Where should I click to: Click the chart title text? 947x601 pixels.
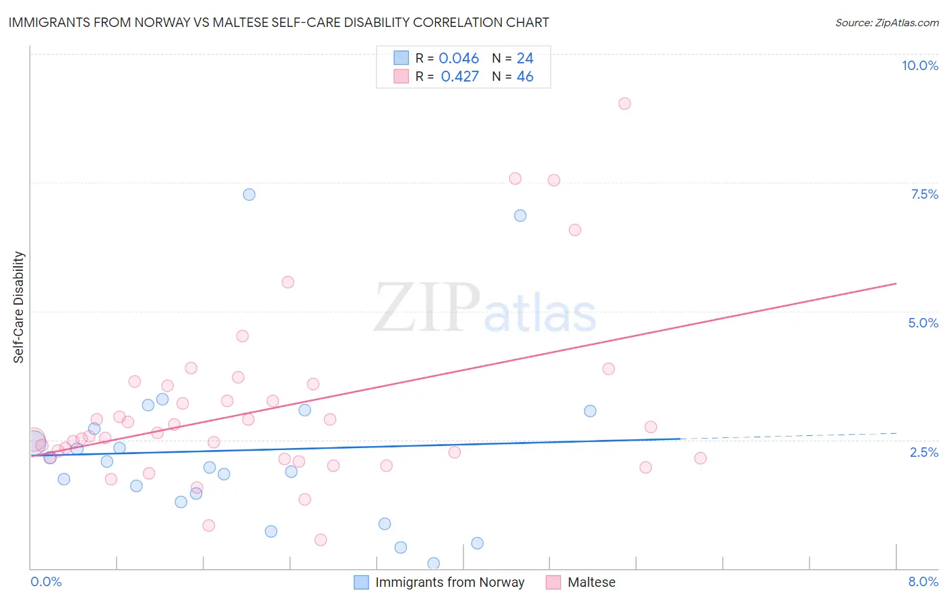pos(279,22)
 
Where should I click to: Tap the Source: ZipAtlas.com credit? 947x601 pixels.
pos(886,22)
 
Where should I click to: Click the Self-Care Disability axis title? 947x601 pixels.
pos(19,307)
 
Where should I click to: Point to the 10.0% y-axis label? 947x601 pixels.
pos(919,65)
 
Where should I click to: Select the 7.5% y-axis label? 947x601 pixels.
pos(924,194)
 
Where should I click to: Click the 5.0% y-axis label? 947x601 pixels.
pos(923,323)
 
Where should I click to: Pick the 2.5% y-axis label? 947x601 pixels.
pos(923,452)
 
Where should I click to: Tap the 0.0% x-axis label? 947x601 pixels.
pos(46,581)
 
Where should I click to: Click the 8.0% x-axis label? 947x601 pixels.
pos(923,581)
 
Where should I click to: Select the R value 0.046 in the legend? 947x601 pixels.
pos(459,58)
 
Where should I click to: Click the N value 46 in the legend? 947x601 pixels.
pos(525,76)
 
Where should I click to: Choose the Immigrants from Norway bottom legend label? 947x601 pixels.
pos(449,582)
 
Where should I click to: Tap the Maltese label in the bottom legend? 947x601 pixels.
pos(591,582)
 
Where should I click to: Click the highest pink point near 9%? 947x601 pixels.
pos(624,104)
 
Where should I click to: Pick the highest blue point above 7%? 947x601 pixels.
pos(249,195)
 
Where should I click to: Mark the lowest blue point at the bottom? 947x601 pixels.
pos(434,563)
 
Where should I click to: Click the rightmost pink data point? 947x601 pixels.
pos(700,458)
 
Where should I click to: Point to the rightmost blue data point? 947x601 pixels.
pos(590,411)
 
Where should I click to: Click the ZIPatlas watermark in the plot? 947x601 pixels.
pos(485,309)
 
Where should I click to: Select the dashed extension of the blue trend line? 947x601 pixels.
pos(788,436)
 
